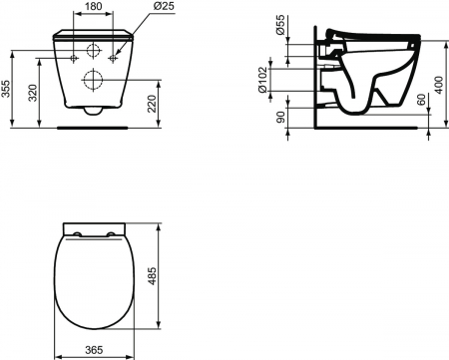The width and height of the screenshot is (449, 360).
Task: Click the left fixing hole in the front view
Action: (x=76, y=59)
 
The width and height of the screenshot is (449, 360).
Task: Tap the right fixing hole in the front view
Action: (x=114, y=59)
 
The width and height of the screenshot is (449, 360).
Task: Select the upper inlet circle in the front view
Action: (x=95, y=51)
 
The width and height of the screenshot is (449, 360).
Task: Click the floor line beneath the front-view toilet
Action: (x=95, y=128)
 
